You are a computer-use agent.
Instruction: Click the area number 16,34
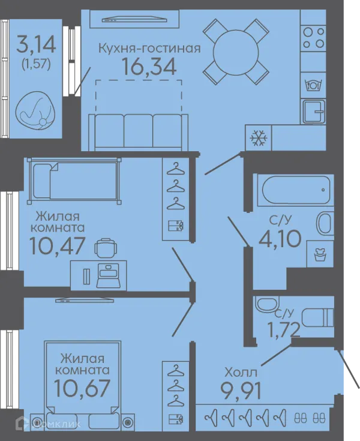[149, 67]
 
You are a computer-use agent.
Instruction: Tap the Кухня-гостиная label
[149, 49]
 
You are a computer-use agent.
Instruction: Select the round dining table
[236, 53]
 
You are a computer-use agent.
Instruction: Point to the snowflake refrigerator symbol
[259, 138]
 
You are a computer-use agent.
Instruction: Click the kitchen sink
[314, 112]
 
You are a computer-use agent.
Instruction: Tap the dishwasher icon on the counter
[313, 85]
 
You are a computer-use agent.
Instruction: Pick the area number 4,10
[280, 239]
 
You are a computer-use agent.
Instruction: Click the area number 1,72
[284, 329]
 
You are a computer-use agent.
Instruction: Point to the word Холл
[241, 373]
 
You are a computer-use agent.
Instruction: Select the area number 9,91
[241, 390]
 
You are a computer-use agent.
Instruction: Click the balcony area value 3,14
[36, 45]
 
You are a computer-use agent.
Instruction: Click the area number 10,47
[57, 245]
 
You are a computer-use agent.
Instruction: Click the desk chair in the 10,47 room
[106, 248]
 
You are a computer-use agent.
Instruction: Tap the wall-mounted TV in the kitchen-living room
[134, 19]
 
